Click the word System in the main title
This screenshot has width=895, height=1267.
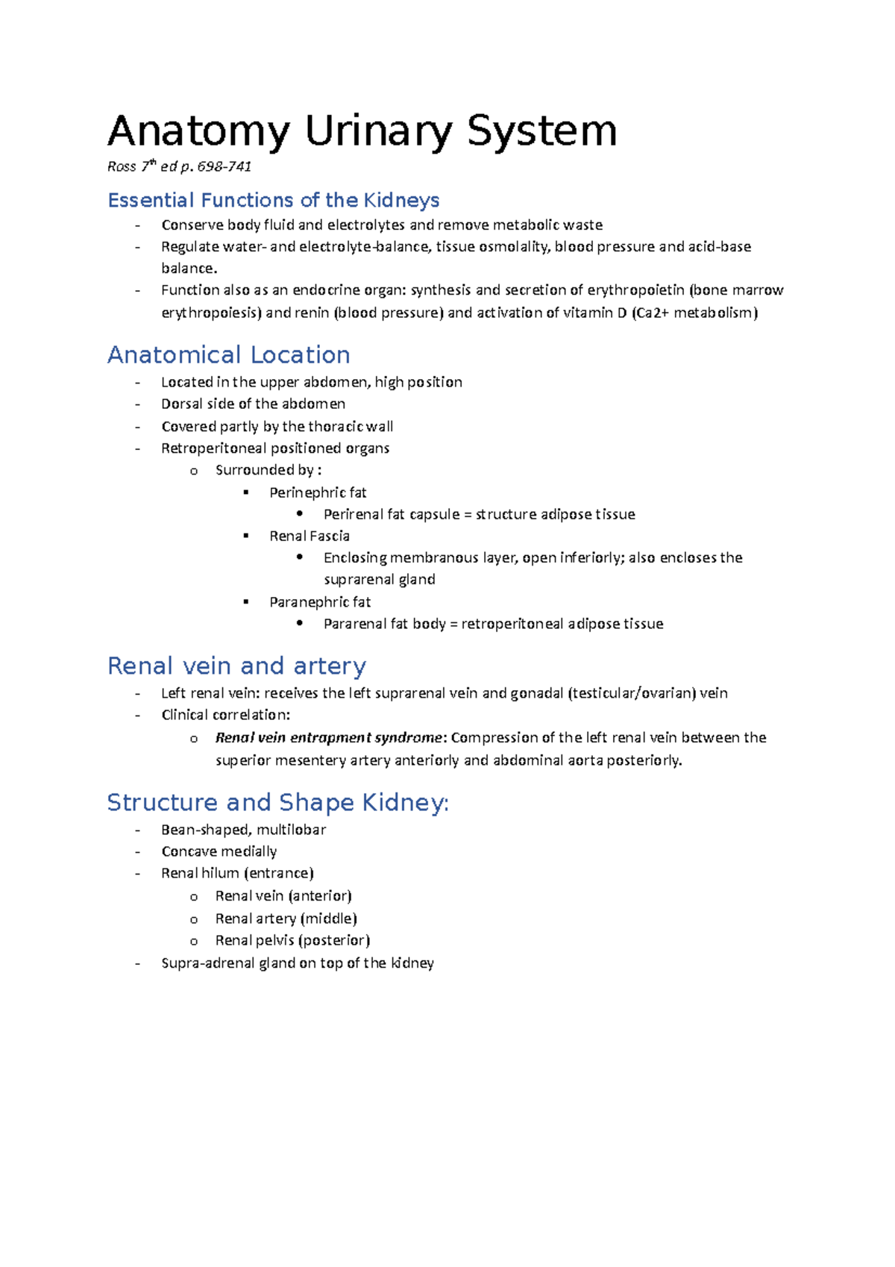[541, 131]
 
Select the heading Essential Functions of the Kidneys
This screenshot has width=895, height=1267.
[273, 200]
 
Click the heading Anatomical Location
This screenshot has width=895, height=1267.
[228, 354]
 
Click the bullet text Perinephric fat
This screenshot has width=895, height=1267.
[318, 492]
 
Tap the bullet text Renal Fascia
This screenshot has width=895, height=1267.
[309, 536]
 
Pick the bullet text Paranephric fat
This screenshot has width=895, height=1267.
[319, 601]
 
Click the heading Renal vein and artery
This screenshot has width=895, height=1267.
[236, 666]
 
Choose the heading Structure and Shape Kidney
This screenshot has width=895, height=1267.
[277, 802]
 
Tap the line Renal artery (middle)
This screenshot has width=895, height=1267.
[286, 919]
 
